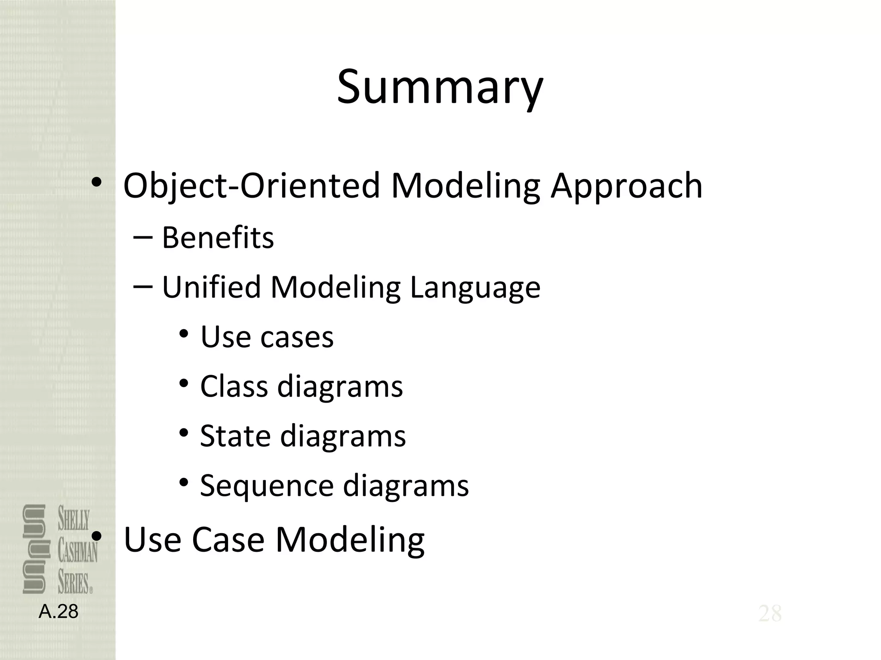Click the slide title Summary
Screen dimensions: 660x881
tap(440, 87)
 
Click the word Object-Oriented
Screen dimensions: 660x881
tap(252, 186)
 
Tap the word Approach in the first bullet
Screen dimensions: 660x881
tap(626, 186)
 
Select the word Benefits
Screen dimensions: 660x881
tap(218, 238)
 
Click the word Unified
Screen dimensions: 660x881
tap(211, 287)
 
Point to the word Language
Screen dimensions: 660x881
tap(475, 287)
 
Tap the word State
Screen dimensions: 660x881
tap(235, 436)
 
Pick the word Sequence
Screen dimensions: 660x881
tap(267, 486)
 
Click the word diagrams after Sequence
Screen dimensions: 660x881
tap(406, 486)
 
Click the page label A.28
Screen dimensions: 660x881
tap(59, 611)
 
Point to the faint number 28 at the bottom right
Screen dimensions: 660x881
tap(770, 613)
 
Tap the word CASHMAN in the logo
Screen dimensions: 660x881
tap(78, 551)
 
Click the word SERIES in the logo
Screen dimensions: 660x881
tap(74, 583)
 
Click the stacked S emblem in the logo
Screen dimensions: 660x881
tap(34, 549)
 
